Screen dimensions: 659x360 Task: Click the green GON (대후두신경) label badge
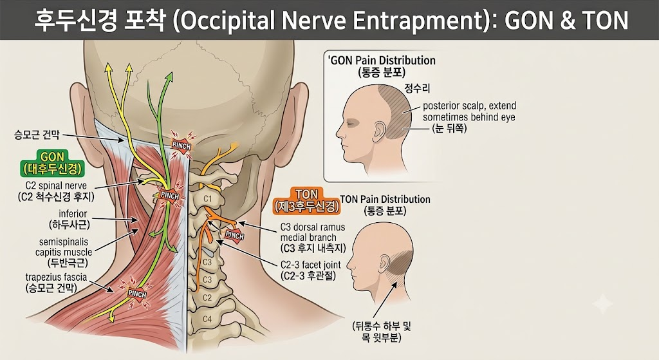(52, 164)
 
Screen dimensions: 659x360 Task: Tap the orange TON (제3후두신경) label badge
(306, 200)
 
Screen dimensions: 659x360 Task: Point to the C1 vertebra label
(208, 198)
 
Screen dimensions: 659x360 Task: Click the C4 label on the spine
(207, 319)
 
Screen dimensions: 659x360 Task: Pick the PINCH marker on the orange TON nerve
(234, 234)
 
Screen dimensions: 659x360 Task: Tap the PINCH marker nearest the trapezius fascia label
(136, 293)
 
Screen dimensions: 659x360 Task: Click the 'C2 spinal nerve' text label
(56, 186)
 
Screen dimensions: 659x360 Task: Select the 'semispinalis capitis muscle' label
(64, 247)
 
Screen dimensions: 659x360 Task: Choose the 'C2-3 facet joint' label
(311, 265)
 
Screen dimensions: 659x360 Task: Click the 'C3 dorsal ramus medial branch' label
(313, 232)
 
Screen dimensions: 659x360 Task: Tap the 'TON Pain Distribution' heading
(385, 200)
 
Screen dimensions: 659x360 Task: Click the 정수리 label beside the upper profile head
(417, 88)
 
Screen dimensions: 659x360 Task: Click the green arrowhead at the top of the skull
(169, 77)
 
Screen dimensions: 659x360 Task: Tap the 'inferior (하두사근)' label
(70, 220)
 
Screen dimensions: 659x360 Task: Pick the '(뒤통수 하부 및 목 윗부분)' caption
(382, 332)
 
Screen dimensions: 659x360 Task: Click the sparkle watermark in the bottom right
(602, 303)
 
